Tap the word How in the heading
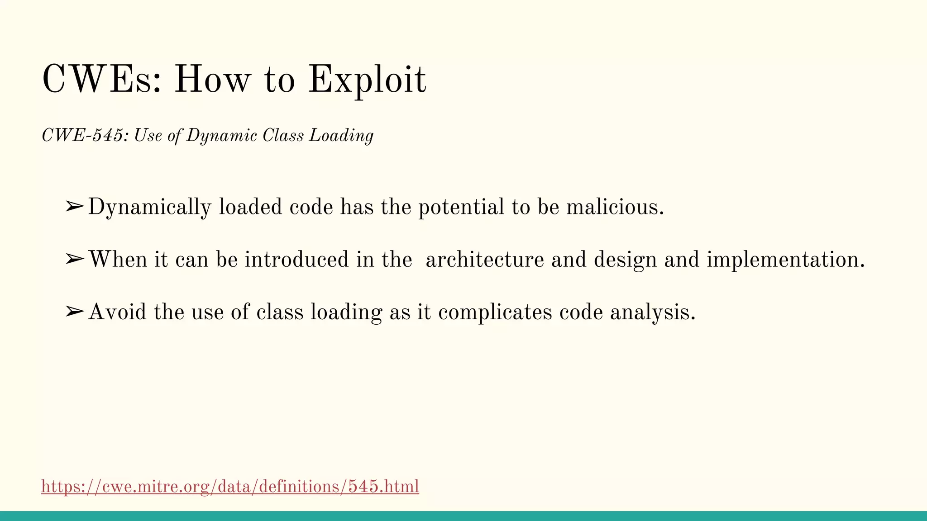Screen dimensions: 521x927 (212, 80)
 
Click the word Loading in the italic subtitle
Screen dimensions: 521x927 (341, 135)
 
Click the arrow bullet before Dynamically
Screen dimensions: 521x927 (74, 207)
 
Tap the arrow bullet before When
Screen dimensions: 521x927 (74, 259)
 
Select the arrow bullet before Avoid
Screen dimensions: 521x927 (74, 312)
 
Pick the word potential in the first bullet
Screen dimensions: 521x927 (461, 207)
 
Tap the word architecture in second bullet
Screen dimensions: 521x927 (484, 260)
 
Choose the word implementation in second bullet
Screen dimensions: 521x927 (785, 260)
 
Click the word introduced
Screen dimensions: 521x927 (296, 260)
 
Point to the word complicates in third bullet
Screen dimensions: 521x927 (495, 312)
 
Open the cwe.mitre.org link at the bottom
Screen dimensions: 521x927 (230, 487)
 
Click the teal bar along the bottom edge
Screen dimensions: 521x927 (463, 516)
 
